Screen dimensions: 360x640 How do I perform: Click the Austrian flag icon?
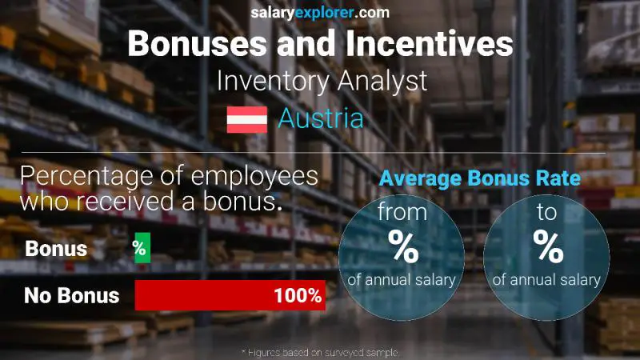click(247, 118)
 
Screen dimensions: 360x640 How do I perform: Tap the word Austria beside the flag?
click(321, 118)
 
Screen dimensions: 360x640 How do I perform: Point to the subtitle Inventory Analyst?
click(321, 81)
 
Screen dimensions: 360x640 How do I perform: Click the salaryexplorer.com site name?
click(320, 13)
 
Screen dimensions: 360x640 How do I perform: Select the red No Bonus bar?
click(230, 295)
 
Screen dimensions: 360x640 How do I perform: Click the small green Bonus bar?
click(142, 248)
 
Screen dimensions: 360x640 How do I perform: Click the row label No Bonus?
click(72, 296)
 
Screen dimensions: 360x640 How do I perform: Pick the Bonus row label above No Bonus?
click(56, 249)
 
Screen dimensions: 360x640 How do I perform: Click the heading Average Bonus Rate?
click(479, 178)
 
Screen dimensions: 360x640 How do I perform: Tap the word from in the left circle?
click(402, 213)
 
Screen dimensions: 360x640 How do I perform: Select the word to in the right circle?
click(548, 213)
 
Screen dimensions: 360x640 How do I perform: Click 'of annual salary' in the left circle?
click(402, 280)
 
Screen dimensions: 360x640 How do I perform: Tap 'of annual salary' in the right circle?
click(547, 280)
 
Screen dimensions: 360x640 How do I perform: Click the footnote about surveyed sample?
click(320, 352)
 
